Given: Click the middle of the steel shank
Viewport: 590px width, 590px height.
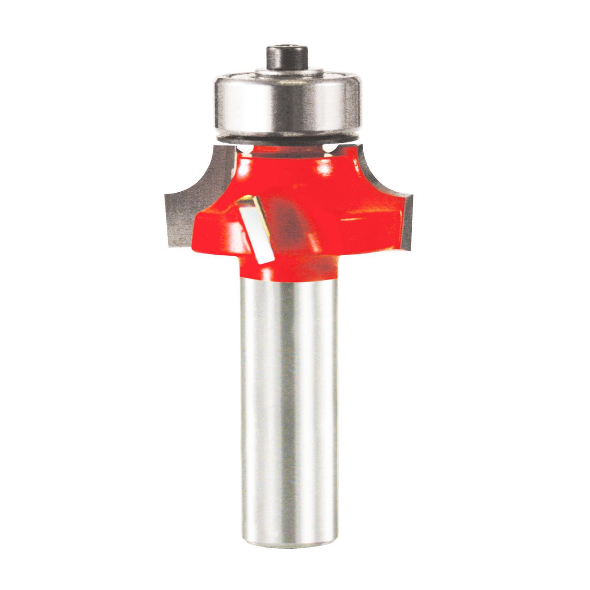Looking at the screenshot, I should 289,392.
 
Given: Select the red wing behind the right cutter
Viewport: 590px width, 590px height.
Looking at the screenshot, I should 369,217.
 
